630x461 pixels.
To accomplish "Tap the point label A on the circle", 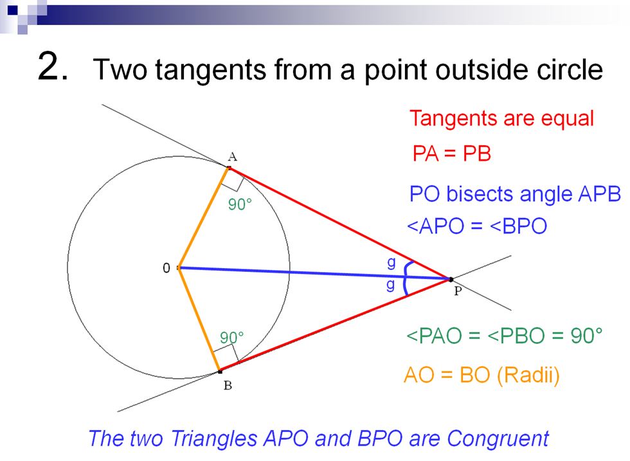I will [232, 156].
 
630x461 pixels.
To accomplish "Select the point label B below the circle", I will [227, 386].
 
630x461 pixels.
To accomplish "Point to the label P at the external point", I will [458, 291].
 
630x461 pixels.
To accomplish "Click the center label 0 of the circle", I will [166, 268].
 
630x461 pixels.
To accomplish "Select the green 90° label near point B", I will [232, 338].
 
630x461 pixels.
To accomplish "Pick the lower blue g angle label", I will [390, 284].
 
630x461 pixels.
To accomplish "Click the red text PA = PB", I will [451, 154].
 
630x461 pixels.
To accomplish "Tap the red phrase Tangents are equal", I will [501, 119].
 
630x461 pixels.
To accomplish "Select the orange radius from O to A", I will [203, 218].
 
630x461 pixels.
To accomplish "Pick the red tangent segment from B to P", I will [334, 325].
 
